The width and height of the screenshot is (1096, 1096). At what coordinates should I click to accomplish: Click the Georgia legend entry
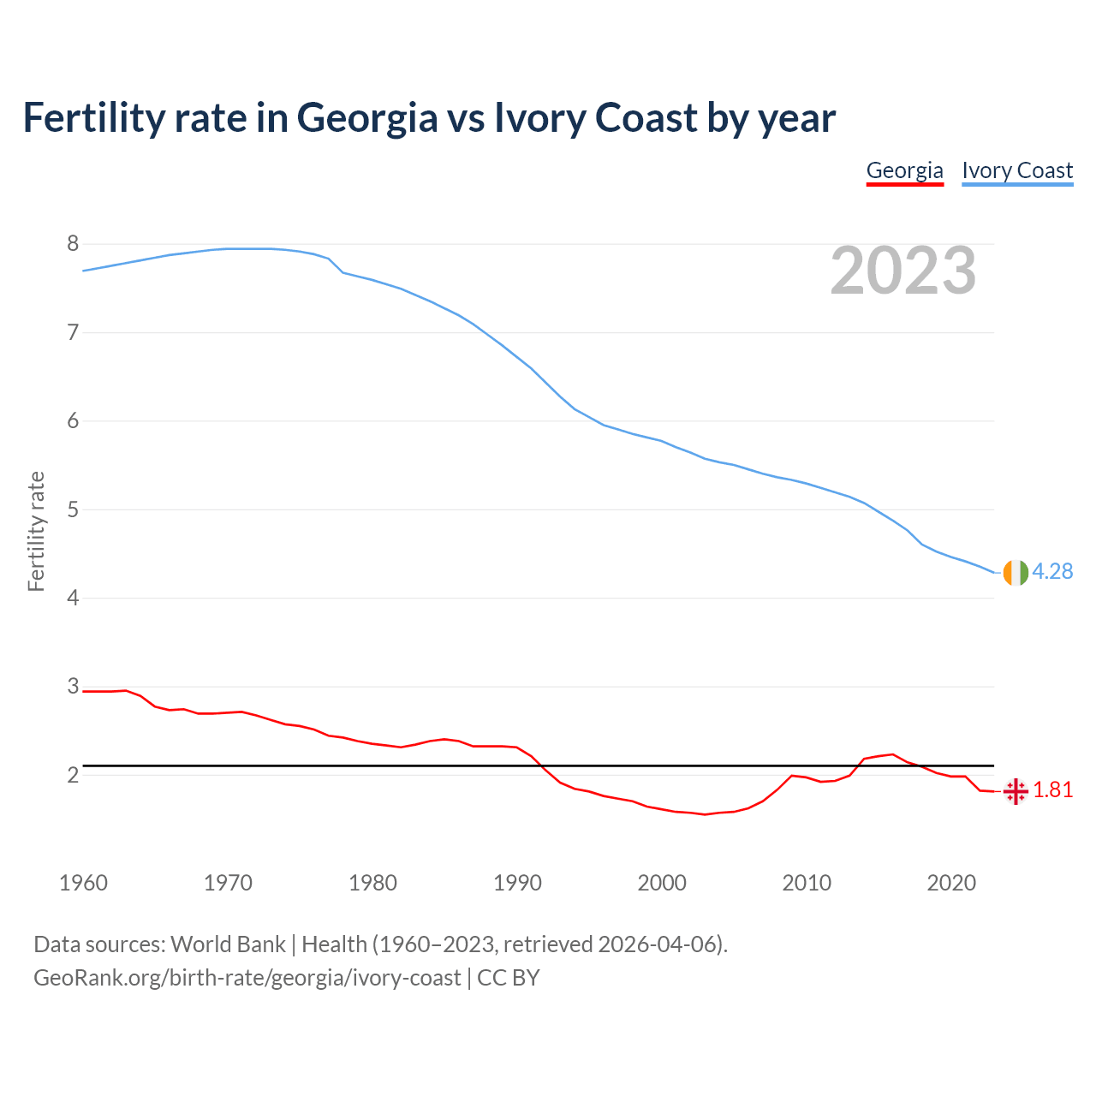904,170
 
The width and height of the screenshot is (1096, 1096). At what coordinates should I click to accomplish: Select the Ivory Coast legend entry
1017,170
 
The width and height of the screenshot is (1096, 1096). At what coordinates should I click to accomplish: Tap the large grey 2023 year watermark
903,271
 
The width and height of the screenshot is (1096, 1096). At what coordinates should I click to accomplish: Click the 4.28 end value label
1052,571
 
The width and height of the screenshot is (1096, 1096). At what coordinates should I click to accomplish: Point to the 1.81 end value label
1052,789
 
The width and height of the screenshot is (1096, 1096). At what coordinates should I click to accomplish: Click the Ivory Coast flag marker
1016,572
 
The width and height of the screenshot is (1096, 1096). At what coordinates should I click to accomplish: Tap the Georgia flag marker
1016,791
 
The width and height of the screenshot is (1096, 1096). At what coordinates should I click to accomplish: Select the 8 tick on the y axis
73,244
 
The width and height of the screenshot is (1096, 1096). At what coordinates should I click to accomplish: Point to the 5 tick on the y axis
73,509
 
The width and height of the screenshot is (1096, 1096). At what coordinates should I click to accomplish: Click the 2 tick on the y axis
73,775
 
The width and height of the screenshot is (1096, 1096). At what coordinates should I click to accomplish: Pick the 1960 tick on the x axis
83,883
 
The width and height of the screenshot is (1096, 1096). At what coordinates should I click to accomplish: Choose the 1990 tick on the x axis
517,883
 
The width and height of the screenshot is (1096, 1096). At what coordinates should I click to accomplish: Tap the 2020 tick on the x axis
951,883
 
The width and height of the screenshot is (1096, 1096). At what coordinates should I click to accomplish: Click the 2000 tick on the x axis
662,883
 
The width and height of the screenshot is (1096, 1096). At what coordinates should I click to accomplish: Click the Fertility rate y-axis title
36,531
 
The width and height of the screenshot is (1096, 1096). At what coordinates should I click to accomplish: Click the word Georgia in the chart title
367,117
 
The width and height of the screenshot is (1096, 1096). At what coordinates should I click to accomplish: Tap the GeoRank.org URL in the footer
247,978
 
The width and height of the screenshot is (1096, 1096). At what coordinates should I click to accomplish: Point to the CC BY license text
509,978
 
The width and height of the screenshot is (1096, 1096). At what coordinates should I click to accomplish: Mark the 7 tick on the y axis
73,332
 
